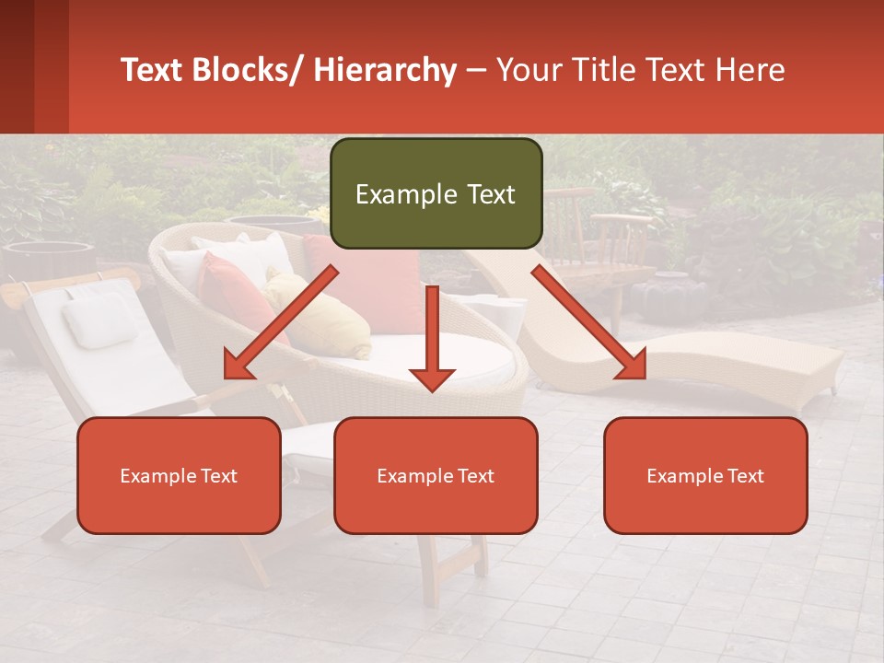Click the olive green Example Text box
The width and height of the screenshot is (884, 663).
click(x=436, y=194)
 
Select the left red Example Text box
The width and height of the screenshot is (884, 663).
click(x=179, y=476)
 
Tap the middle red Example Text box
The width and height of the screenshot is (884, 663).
click(x=436, y=476)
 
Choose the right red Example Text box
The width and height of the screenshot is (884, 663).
click(x=705, y=476)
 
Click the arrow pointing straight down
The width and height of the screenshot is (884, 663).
click(x=432, y=341)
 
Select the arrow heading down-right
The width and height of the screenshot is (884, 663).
click(x=589, y=322)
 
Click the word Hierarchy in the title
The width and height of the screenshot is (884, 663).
click(x=385, y=70)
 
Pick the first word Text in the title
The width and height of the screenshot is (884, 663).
click(x=151, y=70)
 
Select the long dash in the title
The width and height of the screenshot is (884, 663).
click(x=476, y=70)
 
